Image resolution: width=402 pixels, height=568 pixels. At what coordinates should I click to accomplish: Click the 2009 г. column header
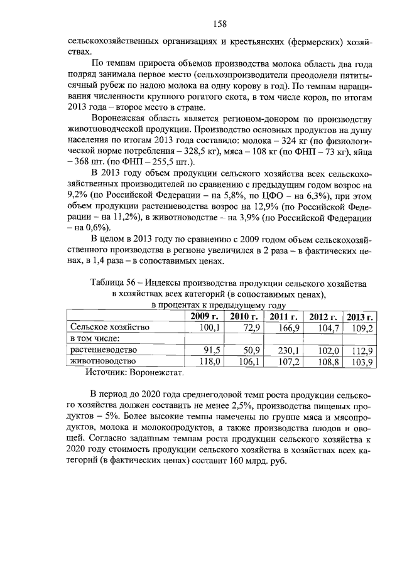coord(204,316)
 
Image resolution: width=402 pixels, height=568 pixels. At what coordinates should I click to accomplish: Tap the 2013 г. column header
coord(360,316)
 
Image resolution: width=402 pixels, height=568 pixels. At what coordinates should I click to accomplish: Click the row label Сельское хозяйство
coord(109,327)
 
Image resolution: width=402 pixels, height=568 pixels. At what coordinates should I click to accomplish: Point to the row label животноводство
coord(103,362)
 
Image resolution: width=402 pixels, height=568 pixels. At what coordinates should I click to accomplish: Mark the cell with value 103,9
coord(362,362)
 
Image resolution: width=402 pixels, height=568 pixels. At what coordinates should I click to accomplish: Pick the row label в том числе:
coord(95,339)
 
